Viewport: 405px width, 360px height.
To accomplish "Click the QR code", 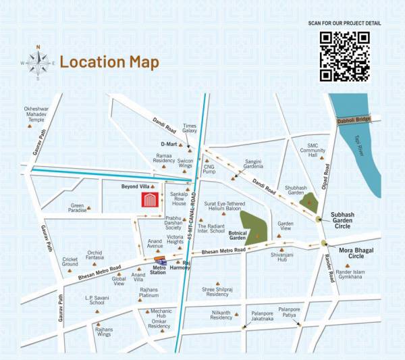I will (x=344, y=56).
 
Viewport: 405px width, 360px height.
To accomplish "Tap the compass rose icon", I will (x=38, y=62).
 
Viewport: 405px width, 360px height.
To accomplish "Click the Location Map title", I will (x=109, y=62).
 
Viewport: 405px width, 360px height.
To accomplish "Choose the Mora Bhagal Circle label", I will (x=352, y=253).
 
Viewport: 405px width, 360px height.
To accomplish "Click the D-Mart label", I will (x=168, y=145).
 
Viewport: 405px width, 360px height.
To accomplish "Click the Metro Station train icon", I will (x=161, y=261).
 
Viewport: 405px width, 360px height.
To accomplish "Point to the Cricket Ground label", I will (x=70, y=262).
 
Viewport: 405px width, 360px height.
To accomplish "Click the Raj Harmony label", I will (x=180, y=265).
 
